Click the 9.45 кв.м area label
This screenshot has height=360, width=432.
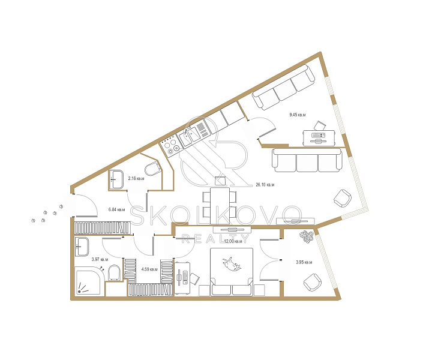[297, 115]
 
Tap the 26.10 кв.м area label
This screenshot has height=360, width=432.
[265, 185]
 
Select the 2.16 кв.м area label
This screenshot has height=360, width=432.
[136, 178]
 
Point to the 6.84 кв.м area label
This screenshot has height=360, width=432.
[117, 209]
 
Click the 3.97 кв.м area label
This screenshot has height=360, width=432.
[100, 259]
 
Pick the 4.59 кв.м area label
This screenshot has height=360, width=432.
[149, 269]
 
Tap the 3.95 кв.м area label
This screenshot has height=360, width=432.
[304, 262]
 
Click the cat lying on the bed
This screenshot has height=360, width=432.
[232, 263]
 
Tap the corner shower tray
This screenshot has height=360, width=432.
[89, 281]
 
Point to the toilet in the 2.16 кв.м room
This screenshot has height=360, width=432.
[152, 169]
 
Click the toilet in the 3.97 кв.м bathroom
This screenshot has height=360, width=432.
[114, 272]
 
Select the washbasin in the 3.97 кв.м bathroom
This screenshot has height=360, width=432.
[82, 247]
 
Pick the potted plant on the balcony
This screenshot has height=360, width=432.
[307, 236]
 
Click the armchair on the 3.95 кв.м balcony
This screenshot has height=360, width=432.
[313, 283]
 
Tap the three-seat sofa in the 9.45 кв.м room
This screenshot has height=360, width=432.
[284, 88]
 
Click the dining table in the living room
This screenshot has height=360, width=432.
[220, 206]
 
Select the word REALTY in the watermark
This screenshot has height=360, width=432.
[215, 239]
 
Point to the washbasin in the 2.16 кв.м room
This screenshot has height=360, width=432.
[116, 179]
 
